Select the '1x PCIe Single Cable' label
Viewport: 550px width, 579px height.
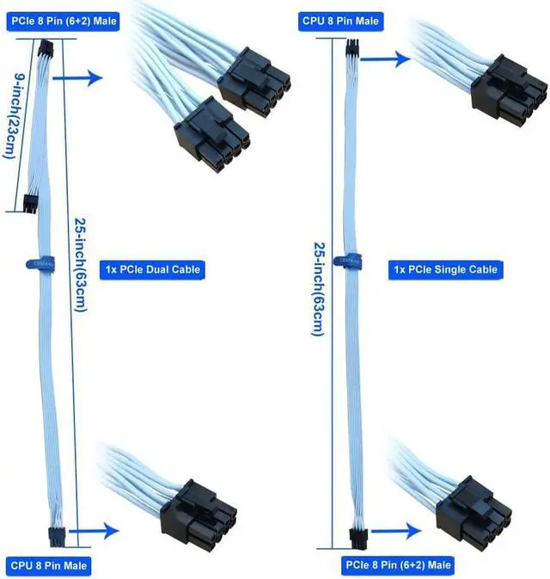[x=445, y=269]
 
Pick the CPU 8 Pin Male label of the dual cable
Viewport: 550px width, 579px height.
[x=51, y=565]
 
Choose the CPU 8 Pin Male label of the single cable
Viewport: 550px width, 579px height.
[x=341, y=20]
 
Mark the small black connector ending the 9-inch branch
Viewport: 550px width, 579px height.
[x=31, y=205]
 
